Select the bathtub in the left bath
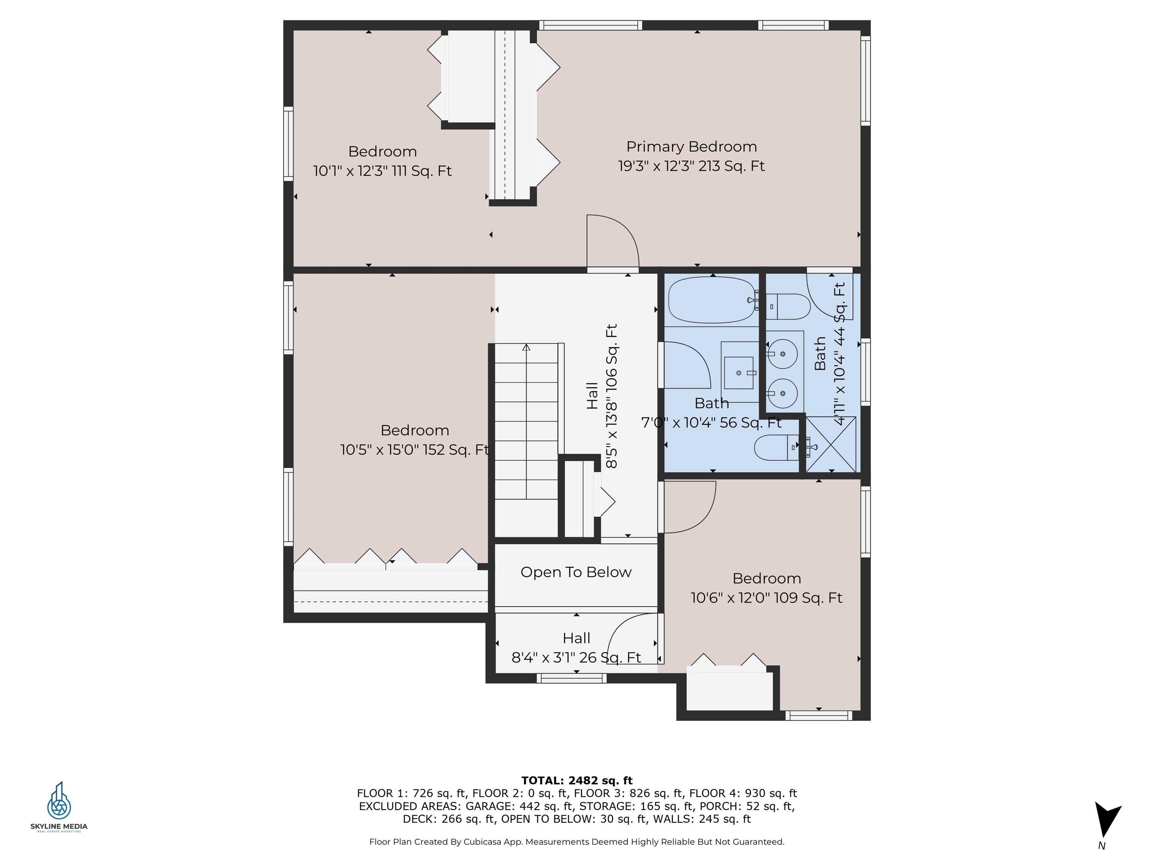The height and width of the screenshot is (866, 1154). tap(713, 300)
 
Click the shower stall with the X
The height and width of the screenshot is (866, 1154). tap(831, 445)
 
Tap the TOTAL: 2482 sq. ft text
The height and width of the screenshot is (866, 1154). tap(577, 780)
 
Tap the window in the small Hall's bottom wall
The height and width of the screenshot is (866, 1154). tap(572, 678)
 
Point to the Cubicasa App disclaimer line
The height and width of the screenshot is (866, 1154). tap(577, 842)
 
